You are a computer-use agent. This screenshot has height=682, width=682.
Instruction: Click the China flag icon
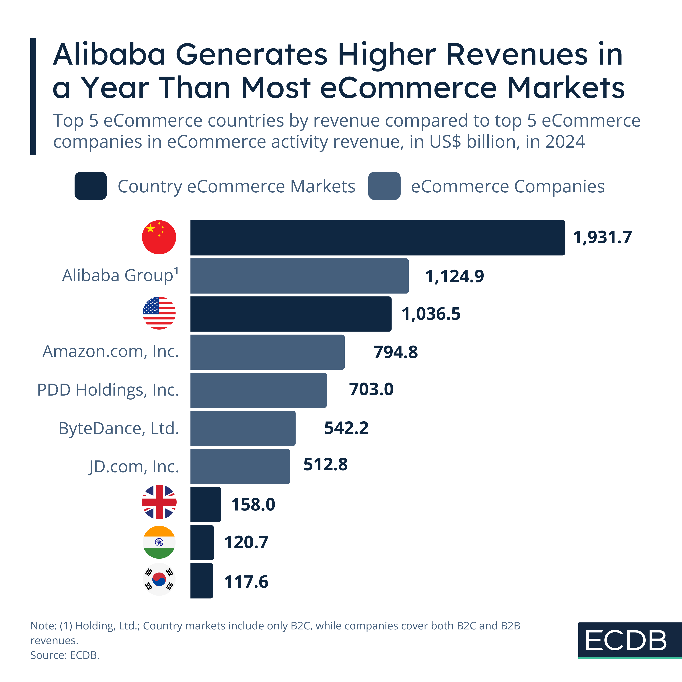point(159,237)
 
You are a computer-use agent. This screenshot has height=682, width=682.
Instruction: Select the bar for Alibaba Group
point(299,276)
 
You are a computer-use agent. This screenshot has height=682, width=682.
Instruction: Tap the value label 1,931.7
point(602,237)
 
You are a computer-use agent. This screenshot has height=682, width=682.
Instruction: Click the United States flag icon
point(159,313)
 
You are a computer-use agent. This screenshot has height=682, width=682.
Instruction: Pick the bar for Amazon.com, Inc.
point(267,352)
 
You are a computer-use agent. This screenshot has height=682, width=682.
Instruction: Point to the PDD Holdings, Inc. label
point(108,390)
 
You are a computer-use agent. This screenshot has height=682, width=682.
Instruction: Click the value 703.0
point(371,389)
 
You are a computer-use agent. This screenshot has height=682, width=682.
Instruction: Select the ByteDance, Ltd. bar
point(243,428)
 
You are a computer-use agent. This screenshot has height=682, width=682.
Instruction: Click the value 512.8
point(326,464)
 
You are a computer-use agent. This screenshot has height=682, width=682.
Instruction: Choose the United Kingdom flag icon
point(159,502)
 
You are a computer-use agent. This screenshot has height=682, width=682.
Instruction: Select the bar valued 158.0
point(206,504)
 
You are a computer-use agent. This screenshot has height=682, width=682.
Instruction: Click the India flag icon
point(159,542)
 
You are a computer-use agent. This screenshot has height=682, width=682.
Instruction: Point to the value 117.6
point(246,582)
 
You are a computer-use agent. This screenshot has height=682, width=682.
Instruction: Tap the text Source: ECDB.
point(65,655)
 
